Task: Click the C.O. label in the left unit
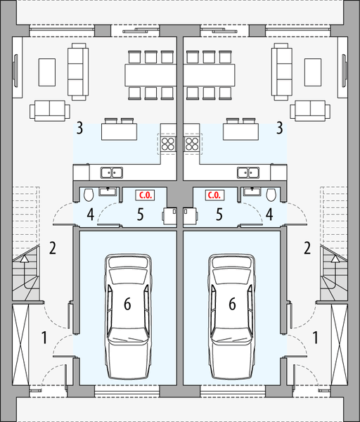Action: (x=146, y=195)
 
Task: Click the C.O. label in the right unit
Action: (x=214, y=195)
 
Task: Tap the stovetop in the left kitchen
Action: (x=168, y=143)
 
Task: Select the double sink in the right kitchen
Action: (x=248, y=172)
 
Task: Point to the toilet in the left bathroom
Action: (x=89, y=195)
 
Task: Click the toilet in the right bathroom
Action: (x=271, y=195)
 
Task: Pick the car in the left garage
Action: (x=128, y=316)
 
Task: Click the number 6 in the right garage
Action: (x=232, y=304)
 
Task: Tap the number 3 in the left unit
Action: (x=79, y=128)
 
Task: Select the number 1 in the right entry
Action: (x=315, y=338)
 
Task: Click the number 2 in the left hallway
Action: (x=53, y=248)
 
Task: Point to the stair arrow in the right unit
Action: (x=335, y=271)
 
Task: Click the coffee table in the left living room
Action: (x=47, y=72)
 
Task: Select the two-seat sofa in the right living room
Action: (x=310, y=110)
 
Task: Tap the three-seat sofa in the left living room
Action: (x=78, y=72)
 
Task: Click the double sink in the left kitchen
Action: (x=112, y=172)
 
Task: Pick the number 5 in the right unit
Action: (x=219, y=215)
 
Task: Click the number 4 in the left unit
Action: (x=91, y=215)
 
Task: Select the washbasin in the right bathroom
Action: (x=252, y=191)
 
